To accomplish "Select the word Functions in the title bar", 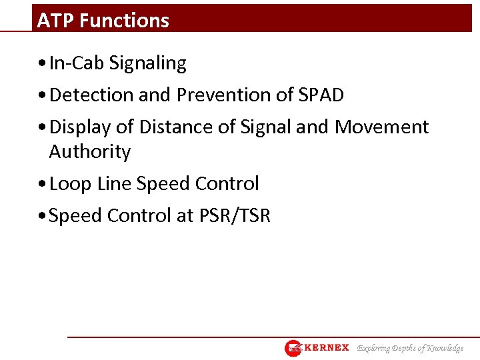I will point(124,21).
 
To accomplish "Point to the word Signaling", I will point(148,63).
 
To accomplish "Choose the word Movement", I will point(381,127).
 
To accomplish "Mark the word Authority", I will point(90,152).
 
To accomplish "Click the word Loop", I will point(70,183).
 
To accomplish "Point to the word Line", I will point(114,183).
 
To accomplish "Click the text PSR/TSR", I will point(235,216).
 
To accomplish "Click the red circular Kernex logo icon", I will point(293,348).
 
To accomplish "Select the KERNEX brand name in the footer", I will point(327,348).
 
